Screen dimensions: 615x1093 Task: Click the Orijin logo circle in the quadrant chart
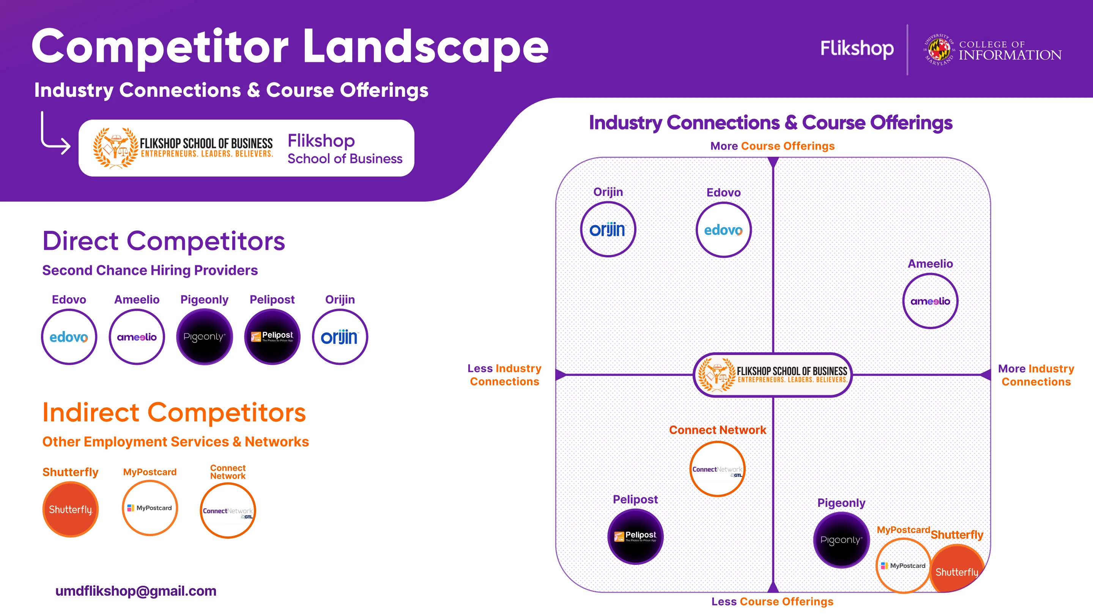(608, 230)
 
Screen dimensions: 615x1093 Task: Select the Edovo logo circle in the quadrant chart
(723, 230)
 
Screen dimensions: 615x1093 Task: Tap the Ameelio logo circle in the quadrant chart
(930, 301)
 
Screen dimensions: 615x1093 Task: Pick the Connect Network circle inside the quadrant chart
(717, 469)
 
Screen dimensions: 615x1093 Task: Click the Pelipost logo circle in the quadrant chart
(635, 536)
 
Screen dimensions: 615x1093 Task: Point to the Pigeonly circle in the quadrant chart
(841, 540)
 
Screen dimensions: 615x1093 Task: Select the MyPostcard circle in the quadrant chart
(903, 565)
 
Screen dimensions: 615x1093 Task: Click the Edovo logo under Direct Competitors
(69, 337)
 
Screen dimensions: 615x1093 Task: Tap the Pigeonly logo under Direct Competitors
(205, 337)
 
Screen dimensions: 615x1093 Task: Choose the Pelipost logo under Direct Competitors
(272, 337)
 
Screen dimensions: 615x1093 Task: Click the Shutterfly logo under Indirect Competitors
(71, 509)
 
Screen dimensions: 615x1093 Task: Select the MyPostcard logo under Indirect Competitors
(150, 508)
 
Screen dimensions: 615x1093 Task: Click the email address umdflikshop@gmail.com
(136, 591)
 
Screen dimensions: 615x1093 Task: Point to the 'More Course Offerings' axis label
(772, 146)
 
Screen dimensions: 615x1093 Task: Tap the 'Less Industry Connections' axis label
(504, 375)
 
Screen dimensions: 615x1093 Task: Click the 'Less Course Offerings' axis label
(772, 601)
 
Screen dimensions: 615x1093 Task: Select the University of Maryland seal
(939, 50)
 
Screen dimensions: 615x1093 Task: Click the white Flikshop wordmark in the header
(857, 48)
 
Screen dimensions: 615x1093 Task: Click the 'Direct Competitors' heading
(163, 241)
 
